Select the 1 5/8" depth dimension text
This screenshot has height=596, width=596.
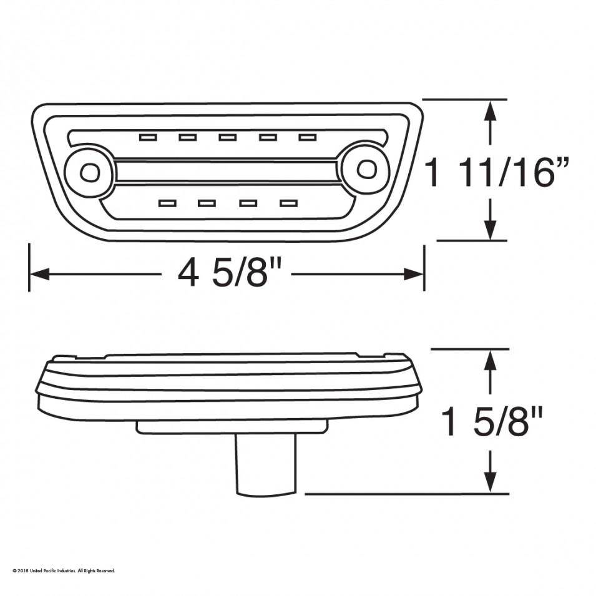point(492,421)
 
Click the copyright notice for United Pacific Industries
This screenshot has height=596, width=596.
point(64,570)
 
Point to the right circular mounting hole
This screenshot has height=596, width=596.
point(366,169)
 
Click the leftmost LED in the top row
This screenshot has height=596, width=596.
point(148,137)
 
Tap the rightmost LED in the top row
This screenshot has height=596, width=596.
point(308,137)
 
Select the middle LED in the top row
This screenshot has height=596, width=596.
point(228,137)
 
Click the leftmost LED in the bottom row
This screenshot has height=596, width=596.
point(167,203)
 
